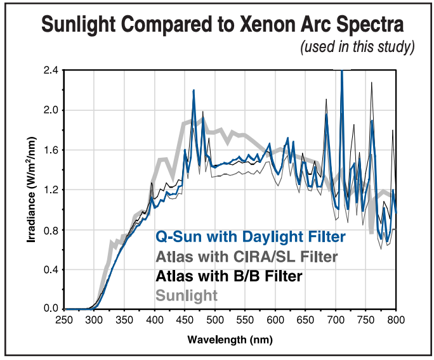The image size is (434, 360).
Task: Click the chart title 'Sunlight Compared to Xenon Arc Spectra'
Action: coord(222,25)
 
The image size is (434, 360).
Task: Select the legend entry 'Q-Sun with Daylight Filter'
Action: coord(251,237)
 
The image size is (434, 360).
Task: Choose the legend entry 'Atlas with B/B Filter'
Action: coord(229,276)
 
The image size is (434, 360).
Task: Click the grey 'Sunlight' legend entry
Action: coord(187,295)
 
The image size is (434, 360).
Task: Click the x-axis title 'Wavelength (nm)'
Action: coord(230,340)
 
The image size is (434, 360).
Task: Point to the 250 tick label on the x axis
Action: coord(64,321)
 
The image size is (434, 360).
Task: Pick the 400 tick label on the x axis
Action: coord(154,321)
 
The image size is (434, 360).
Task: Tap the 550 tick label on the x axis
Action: coord(245,321)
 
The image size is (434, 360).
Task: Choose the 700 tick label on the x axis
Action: coord(336,321)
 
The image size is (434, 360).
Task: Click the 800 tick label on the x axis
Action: coord(396,321)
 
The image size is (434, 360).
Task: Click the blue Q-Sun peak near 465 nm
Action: coord(194,91)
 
